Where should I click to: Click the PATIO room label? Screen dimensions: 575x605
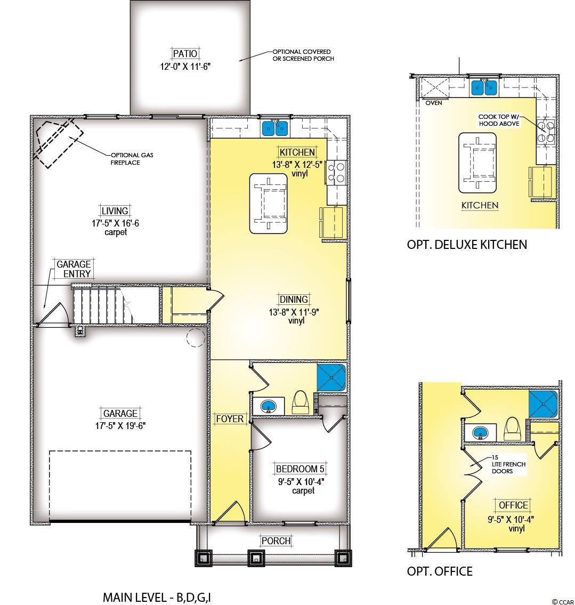coord(185,54)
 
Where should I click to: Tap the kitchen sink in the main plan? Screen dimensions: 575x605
coord(275,128)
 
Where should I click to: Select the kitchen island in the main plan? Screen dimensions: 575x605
coord(269,203)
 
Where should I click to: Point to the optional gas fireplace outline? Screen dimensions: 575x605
coord(58,142)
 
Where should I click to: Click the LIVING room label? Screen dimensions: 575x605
coord(115,211)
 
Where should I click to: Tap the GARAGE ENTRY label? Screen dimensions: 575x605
coord(74,269)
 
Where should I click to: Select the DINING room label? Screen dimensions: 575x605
coord(294,300)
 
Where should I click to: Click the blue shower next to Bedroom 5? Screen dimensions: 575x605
coord(331,377)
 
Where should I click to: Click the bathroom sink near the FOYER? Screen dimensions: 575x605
coord(268,406)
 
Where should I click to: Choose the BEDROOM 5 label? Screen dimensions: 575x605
coord(301,469)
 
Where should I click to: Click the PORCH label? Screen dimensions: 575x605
coord(276,541)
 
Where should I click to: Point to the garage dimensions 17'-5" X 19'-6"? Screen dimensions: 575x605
coord(120,425)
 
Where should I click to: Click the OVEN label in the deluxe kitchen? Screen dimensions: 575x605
coord(434,103)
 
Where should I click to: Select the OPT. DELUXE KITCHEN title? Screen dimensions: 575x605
coord(467,244)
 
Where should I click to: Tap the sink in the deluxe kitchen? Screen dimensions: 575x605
coord(484,87)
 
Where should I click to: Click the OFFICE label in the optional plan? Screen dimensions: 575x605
coord(513,505)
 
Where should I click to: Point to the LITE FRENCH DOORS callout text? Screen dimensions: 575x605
coord(508,467)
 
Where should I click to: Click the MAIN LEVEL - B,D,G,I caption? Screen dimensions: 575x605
coord(157,598)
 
